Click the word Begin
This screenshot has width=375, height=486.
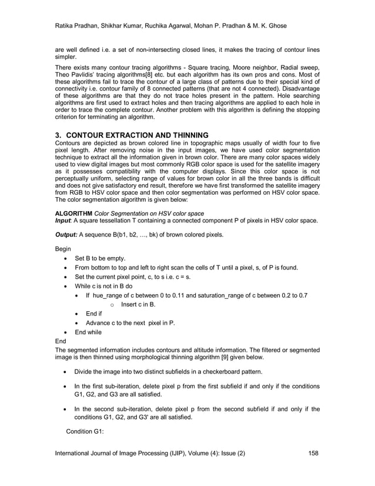63,249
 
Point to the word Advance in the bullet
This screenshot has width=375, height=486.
99,323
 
